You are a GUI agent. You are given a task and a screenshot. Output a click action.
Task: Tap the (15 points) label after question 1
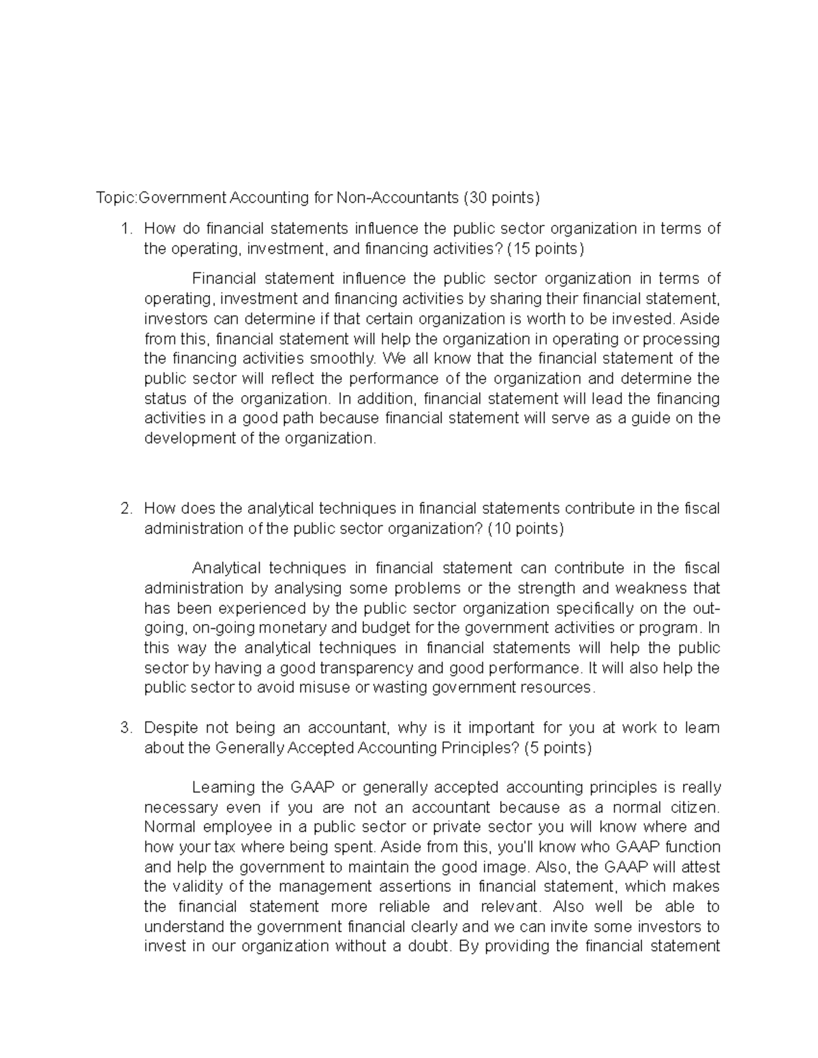coord(545,249)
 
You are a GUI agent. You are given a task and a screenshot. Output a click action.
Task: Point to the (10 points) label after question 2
coord(526,529)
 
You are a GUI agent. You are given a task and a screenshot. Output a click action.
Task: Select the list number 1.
coord(125,229)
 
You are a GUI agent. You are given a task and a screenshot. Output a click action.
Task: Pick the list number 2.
coord(125,509)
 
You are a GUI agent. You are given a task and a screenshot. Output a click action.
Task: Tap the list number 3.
coord(125,728)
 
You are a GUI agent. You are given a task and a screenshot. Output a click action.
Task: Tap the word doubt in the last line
coord(429,946)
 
